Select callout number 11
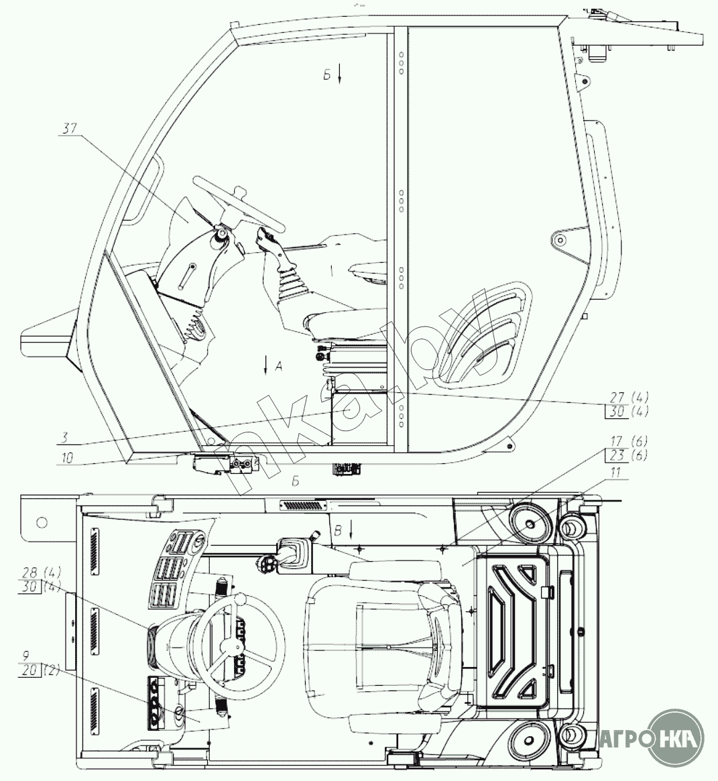[615, 473]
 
